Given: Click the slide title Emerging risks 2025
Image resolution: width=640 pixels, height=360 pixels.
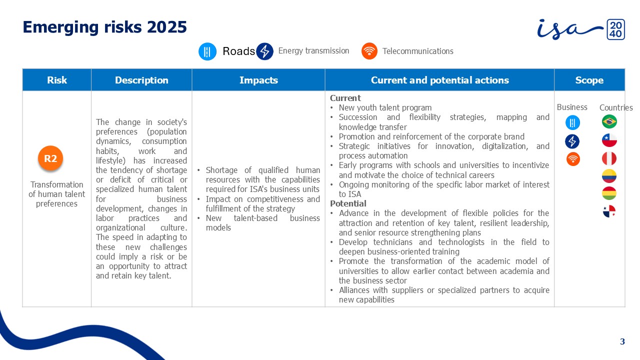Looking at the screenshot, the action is tap(104, 27).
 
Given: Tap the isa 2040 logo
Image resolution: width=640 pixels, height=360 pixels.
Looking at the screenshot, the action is tap(581, 29).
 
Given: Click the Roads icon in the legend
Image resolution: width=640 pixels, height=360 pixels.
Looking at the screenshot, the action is tap(207, 51).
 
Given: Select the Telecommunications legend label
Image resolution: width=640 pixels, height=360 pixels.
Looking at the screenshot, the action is tap(417, 51).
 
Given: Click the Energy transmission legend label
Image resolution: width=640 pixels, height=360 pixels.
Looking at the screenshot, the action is tap(313, 51).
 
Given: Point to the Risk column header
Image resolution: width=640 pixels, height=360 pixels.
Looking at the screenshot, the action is tap(57, 80).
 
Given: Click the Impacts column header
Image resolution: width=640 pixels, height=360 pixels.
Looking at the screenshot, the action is tap(258, 80).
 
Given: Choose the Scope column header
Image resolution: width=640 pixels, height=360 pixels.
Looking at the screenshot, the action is tap(589, 80).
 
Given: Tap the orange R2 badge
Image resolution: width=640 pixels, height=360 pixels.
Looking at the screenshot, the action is tap(50, 158).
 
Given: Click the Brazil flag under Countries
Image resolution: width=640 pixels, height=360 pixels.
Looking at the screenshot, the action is tap(609, 121).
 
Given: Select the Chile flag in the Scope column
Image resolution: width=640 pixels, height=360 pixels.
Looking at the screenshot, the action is tap(609, 140).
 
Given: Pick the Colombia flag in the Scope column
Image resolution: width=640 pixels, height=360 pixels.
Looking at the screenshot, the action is tap(609, 176).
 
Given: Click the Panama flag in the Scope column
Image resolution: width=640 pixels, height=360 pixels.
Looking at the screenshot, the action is tap(609, 211).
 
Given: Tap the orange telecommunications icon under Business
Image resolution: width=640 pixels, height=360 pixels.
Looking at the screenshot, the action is tap(573, 159).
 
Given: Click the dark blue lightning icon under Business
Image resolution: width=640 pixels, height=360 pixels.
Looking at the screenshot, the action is tap(572, 141).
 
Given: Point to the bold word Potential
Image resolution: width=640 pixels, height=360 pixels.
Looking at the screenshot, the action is tap(348, 203).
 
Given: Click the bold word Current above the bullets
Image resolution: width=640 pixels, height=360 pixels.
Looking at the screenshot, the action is tap(345, 98).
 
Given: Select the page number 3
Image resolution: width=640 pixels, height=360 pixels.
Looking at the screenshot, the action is tap(622, 341).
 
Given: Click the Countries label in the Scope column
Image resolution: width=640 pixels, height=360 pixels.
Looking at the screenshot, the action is tap(616, 107).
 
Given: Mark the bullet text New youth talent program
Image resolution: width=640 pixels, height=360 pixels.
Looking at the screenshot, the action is tap(385, 107).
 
